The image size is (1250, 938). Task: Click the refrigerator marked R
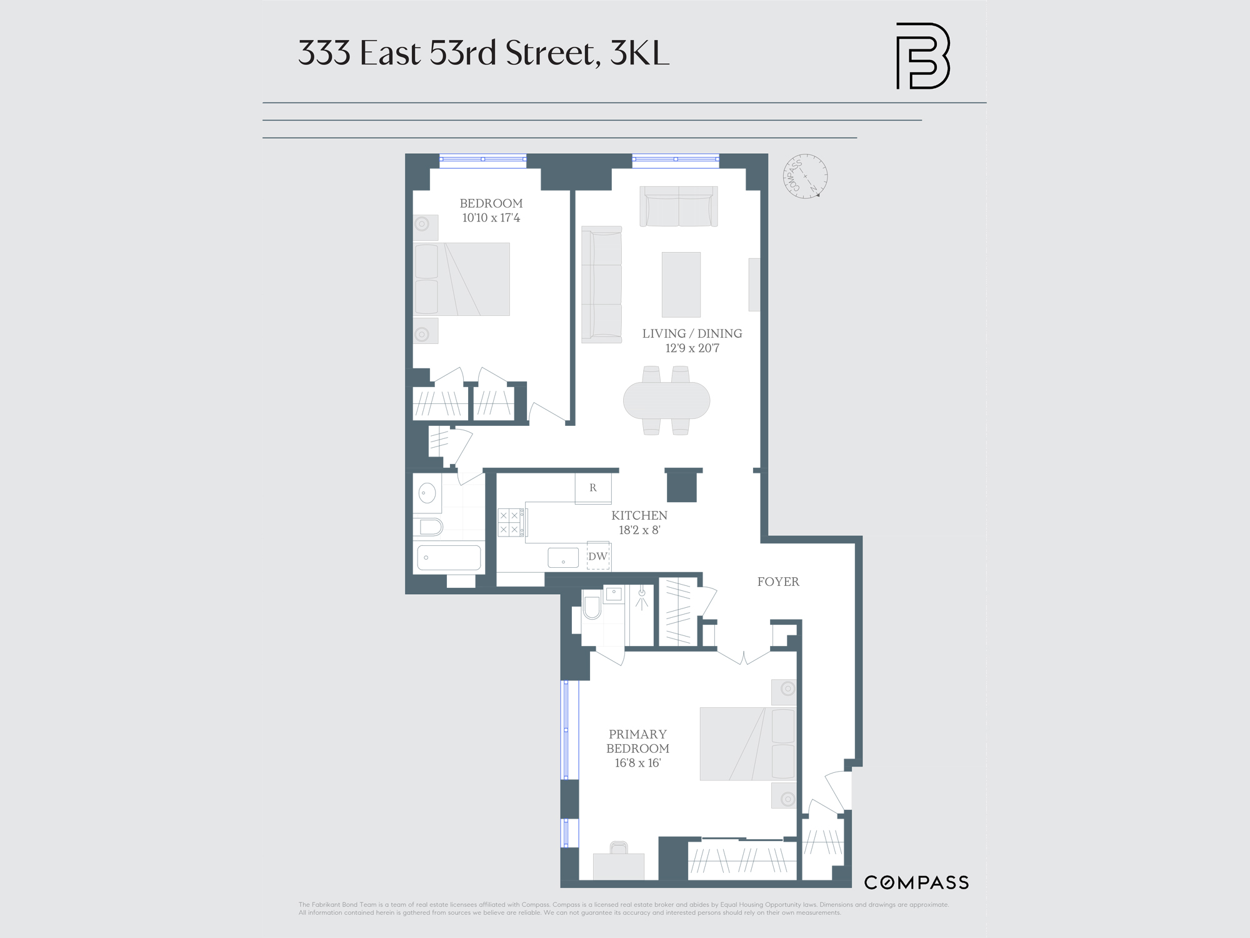point(592,488)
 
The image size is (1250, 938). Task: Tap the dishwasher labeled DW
point(597,557)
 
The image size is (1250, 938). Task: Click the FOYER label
point(778,582)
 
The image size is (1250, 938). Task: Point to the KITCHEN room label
point(639,515)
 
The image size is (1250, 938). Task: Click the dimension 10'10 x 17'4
point(491,218)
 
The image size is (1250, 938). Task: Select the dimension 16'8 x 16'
point(637,763)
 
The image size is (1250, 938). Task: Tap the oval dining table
point(666,400)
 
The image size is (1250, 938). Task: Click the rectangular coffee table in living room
point(681,285)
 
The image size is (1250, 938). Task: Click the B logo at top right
point(922,56)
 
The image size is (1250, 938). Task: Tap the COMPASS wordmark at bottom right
point(916,882)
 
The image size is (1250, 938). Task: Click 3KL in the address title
point(639,53)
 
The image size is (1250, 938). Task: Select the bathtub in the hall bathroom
point(449,557)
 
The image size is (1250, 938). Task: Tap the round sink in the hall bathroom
point(427,493)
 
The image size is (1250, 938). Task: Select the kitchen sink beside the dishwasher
point(563,557)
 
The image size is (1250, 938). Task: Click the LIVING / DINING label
point(692,333)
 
